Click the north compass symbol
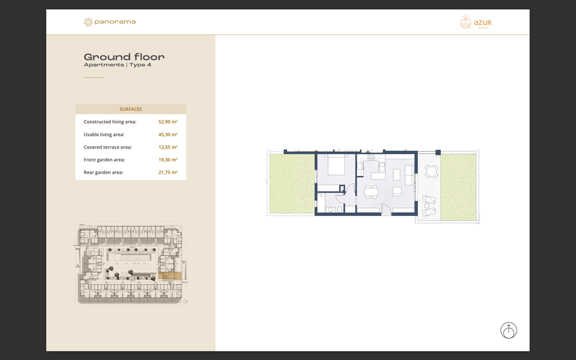point(508,331)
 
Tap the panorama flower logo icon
point(88,22)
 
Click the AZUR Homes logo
point(475,22)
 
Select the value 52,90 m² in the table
point(168,121)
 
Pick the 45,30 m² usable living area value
point(168,134)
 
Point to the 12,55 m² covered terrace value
point(168,147)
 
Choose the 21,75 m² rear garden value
point(168,173)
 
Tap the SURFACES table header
point(130,109)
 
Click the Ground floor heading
point(124,57)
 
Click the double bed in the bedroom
point(336,166)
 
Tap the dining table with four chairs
point(371,192)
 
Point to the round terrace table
point(431,171)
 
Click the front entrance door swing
point(388,209)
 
